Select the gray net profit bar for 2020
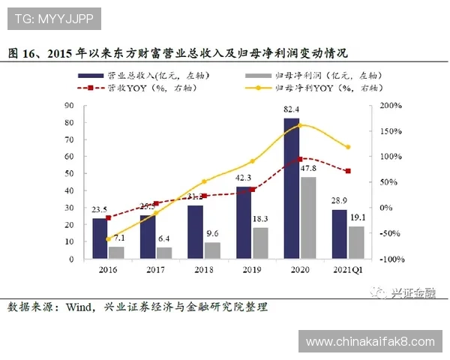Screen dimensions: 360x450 click(307, 217)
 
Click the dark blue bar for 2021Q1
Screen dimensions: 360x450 click(340, 234)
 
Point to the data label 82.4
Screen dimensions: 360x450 click(292, 110)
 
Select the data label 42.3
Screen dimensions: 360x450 click(243, 178)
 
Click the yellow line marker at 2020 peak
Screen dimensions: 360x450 click(300, 124)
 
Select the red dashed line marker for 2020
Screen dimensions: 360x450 click(300, 159)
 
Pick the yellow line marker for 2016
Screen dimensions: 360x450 click(108, 238)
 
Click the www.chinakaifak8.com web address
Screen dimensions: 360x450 click(370, 341)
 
